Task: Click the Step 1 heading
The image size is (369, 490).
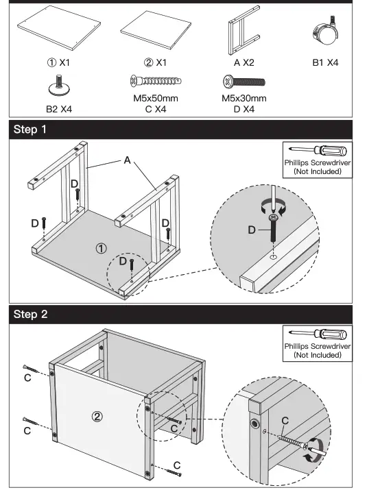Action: tap(31, 130)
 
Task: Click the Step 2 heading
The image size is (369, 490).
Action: tap(31, 315)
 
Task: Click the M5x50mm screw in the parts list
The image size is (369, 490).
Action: tap(154, 83)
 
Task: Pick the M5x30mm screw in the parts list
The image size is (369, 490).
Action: tap(243, 83)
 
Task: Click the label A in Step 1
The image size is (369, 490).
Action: tap(127, 160)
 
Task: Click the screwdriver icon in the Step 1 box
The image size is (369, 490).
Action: tap(317, 150)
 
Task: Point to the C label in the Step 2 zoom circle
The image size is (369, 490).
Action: tap(285, 419)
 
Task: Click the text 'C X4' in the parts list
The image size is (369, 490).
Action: tap(154, 109)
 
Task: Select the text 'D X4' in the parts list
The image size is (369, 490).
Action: tap(243, 109)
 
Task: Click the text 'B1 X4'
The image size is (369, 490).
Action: tap(326, 62)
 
